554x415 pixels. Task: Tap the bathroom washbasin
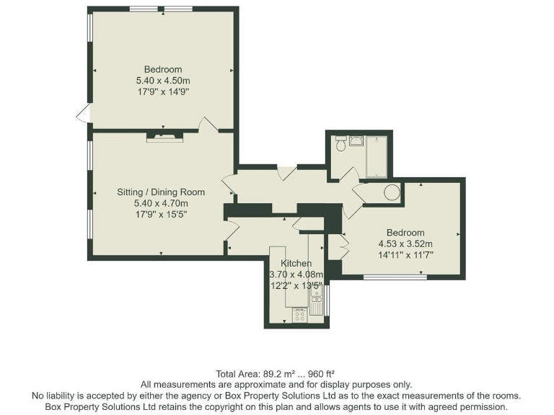(x=355, y=140)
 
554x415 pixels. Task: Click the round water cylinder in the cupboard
(x=392, y=192)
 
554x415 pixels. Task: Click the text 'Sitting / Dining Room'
(x=161, y=192)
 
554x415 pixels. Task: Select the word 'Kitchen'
(x=296, y=263)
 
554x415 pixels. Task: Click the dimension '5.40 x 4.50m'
(x=162, y=81)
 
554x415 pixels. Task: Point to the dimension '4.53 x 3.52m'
(x=405, y=244)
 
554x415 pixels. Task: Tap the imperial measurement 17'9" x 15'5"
(x=161, y=214)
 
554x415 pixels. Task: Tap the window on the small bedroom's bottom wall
(x=395, y=277)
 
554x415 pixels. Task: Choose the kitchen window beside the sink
(x=327, y=299)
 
